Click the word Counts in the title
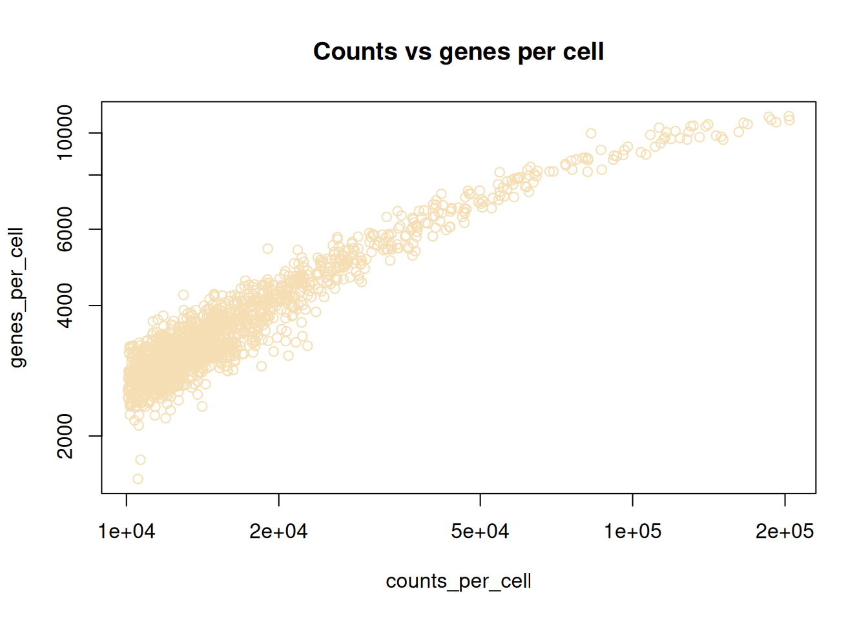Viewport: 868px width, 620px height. click(355, 52)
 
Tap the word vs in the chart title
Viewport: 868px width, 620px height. click(418, 52)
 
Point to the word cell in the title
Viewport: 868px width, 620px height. click(583, 52)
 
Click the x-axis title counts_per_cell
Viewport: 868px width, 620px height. click(459, 581)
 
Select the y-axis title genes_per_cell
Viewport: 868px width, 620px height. click(17, 297)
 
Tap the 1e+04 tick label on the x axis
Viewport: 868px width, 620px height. click(127, 532)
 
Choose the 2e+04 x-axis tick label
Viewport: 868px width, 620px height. click(279, 532)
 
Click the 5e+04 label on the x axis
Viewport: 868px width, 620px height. click(480, 532)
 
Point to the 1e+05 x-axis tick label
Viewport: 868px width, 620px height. click(633, 532)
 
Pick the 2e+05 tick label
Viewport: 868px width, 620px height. click(785, 532)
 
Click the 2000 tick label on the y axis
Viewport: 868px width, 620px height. click(65, 436)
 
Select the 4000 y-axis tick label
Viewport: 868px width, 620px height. click(65, 305)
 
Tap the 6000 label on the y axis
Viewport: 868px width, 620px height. click(65, 229)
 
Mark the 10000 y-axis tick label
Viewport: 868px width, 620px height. click(65, 133)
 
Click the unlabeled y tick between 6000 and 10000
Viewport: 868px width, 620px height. click(95, 175)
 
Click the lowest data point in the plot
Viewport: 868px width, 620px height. click(138, 479)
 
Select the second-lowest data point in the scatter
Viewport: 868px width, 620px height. click(140, 460)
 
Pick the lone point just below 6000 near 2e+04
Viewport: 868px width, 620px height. click(267, 249)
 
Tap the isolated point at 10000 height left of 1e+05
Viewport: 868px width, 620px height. click(591, 134)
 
